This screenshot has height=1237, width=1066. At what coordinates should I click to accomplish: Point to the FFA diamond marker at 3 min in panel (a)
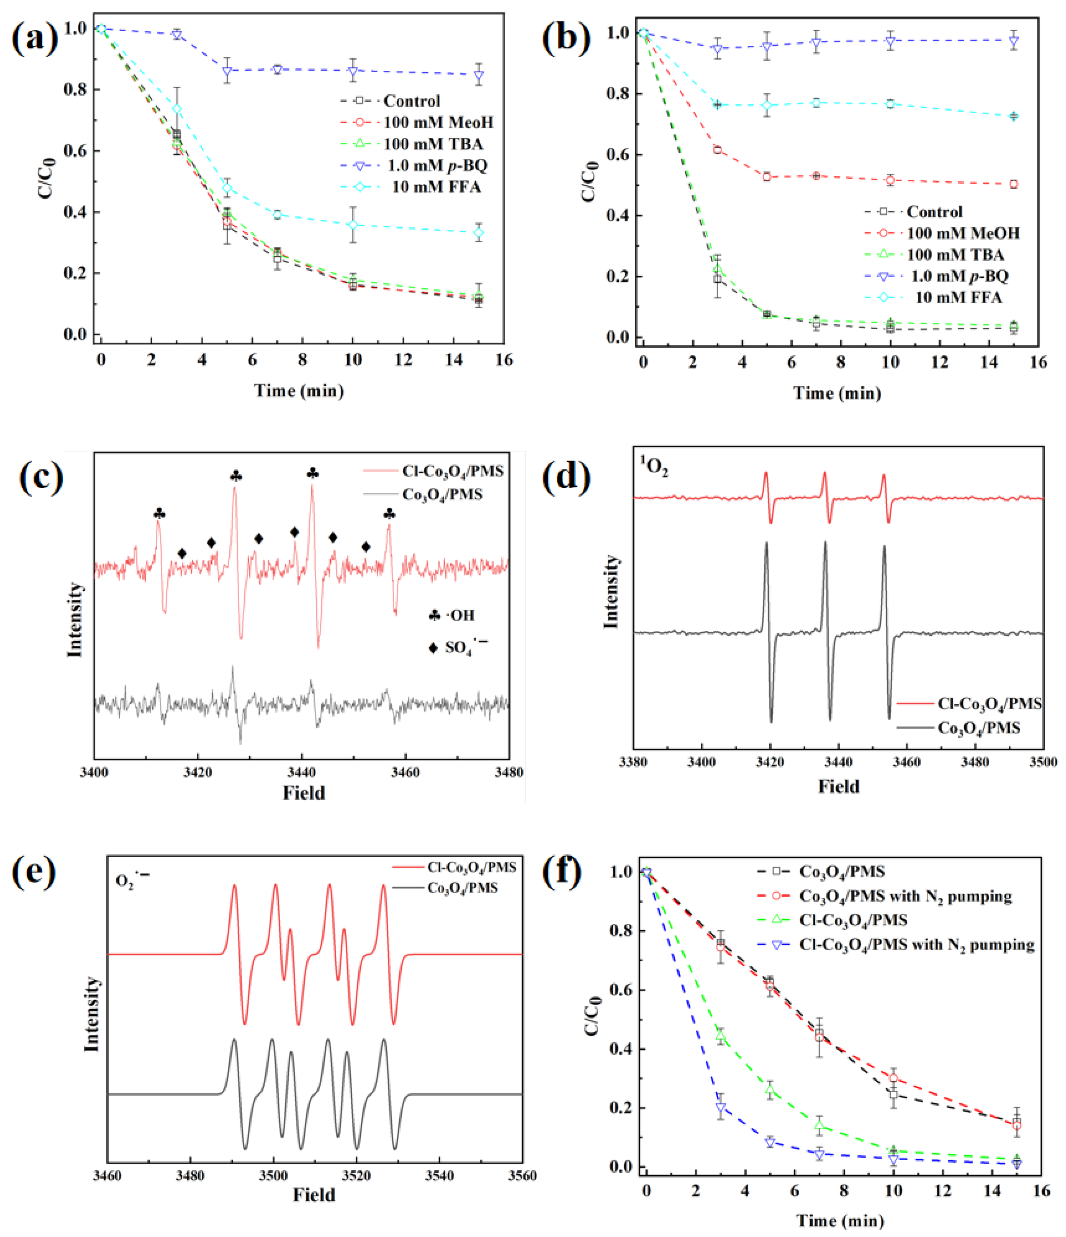coord(177,109)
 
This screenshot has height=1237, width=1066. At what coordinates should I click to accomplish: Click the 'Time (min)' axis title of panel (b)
coord(837,393)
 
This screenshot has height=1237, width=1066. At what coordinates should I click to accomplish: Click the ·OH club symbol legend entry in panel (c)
coord(451,615)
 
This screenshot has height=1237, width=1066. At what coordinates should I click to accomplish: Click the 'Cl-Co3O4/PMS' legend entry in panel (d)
coord(969,704)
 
